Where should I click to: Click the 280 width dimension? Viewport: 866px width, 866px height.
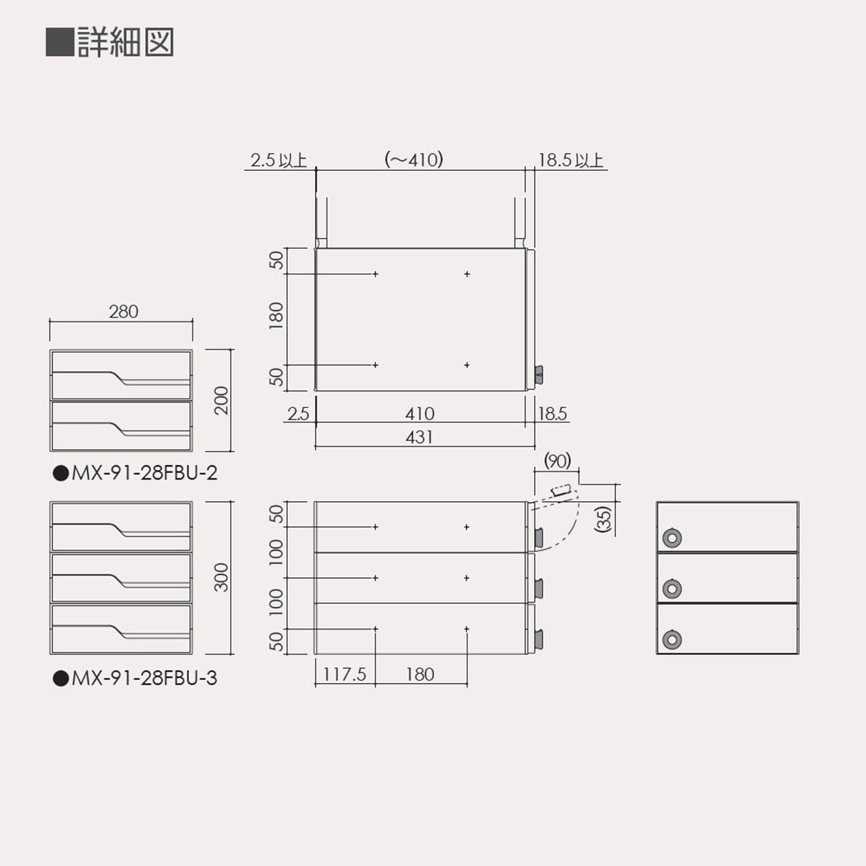point(123,311)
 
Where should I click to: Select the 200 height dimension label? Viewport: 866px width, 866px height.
point(222,400)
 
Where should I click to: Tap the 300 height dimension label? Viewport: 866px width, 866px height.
point(222,577)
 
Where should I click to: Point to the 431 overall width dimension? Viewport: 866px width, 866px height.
point(419,437)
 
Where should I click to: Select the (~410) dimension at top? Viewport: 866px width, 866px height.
point(414,160)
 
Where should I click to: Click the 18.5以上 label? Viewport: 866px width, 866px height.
point(570,160)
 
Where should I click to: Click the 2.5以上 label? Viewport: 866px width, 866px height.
point(277,160)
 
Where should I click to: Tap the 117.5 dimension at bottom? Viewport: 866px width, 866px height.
point(344,674)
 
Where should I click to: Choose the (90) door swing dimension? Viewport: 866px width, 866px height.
point(556,460)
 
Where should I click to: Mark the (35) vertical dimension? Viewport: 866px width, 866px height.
point(604,519)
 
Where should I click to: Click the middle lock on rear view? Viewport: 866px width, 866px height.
point(672,589)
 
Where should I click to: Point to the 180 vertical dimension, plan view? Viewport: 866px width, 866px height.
point(277,318)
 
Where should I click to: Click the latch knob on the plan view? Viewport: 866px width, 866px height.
point(539,373)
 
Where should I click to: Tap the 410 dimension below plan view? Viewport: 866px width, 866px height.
point(419,414)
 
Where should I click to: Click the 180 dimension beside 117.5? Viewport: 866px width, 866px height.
point(419,674)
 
